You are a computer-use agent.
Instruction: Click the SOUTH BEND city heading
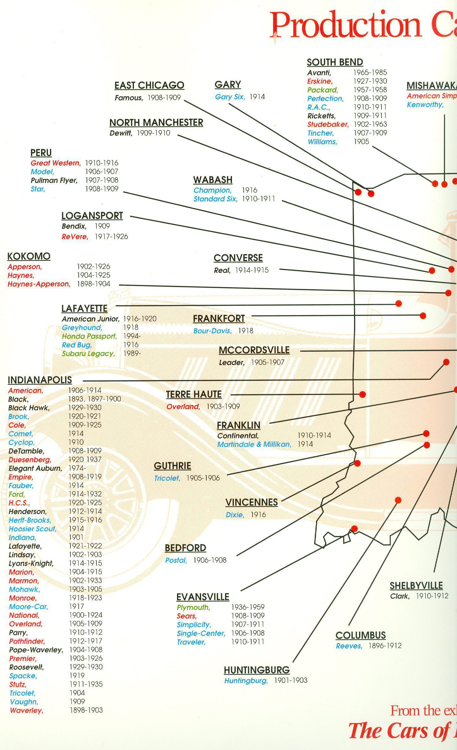[x=335, y=62]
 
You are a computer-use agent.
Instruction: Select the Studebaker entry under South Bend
[x=328, y=124]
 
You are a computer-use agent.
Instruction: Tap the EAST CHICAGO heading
[x=149, y=85]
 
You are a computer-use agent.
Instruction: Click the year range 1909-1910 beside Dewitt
[x=153, y=133]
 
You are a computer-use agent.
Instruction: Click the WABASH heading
[x=213, y=180]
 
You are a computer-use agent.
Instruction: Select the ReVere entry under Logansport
[x=75, y=237]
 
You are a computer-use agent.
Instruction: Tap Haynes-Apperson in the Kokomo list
[x=39, y=284]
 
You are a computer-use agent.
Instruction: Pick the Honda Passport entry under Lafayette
[x=89, y=336]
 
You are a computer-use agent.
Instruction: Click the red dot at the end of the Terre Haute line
[x=363, y=394]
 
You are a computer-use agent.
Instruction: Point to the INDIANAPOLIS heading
[x=40, y=380]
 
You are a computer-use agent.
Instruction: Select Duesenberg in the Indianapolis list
[x=30, y=460]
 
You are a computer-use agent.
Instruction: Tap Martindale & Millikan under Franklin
[x=254, y=444]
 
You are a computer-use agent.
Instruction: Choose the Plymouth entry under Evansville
[x=193, y=607]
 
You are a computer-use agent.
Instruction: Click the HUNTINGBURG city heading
[x=257, y=670]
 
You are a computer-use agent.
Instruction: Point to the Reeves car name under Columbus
[x=349, y=646]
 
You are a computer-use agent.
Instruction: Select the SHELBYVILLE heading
[x=416, y=586]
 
